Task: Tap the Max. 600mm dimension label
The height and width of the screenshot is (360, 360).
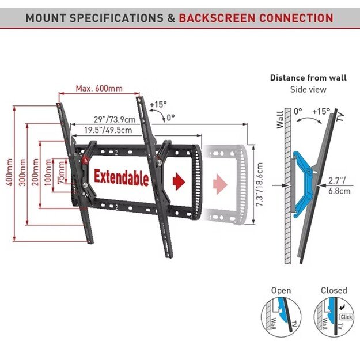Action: point(98,89)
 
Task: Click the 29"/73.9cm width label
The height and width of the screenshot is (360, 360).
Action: point(115,119)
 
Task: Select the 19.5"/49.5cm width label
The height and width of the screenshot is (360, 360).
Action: point(108,130)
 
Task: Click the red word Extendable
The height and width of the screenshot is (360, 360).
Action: point(121,177)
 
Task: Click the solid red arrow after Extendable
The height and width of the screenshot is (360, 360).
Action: point(179,180)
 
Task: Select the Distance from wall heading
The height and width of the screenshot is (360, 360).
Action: point(308,78)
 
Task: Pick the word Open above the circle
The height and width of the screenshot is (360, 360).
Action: point(281,290)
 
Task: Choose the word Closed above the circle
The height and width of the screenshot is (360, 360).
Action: point(334,290)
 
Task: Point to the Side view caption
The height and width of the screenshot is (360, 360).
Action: point(308,89)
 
